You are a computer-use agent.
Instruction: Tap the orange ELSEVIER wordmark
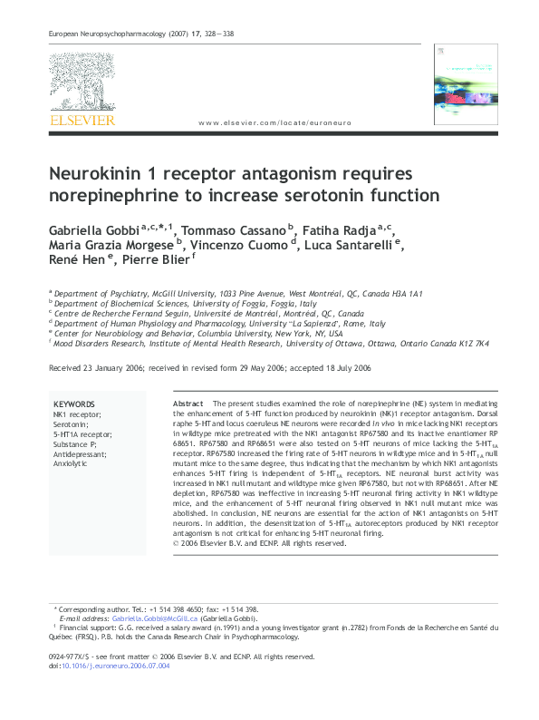[x=82, y=119]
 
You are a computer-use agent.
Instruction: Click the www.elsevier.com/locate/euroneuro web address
[x=273, y=123]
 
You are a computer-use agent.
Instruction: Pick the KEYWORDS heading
[x=73, y=404]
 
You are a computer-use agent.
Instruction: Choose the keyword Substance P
[x=74, y=443]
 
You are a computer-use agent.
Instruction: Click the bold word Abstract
[x=188, y=403]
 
